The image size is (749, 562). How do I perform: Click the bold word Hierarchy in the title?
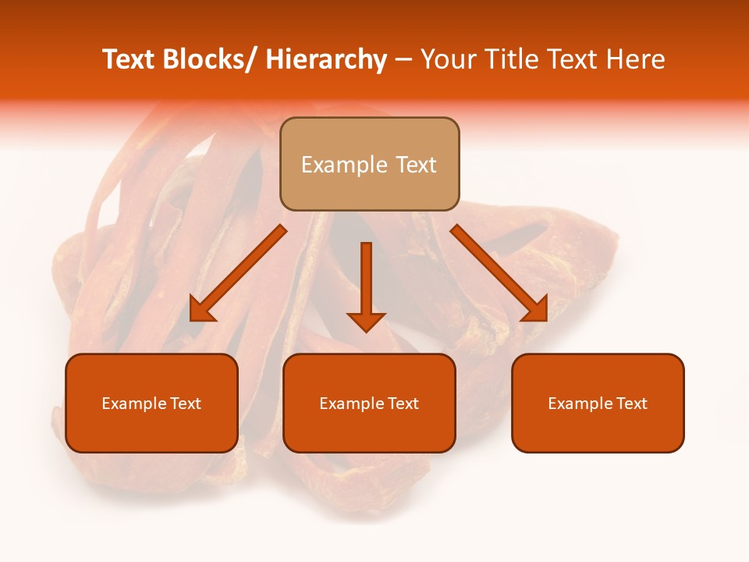tap(326, 60)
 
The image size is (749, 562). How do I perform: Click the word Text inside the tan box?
tap(415, 165)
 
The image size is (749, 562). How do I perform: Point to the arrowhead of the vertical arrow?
tap(366, 321)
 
